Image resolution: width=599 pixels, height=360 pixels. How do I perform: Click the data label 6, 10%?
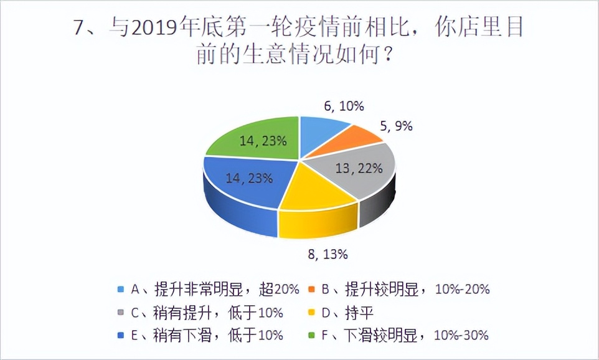tap(344, 106)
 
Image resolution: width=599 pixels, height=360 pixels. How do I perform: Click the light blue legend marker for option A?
tap(120, 289)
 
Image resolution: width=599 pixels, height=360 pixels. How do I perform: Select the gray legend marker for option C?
tap(120, 312)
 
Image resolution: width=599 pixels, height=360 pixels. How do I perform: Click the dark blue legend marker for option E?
tap(120, 335)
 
